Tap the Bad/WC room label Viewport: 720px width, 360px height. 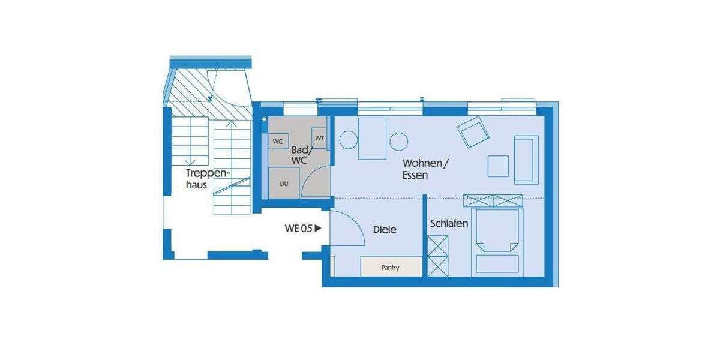[299, 155]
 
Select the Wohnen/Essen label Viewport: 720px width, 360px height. [425, 169]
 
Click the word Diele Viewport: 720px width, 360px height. [385, 229]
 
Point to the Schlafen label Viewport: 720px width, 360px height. [449, 223]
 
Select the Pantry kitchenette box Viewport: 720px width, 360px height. [391, 267]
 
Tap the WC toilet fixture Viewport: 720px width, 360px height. [278, 142]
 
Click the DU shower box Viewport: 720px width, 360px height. [283, 184]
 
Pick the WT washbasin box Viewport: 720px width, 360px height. [319, 139]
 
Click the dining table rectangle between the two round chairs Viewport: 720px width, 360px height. [372, 139]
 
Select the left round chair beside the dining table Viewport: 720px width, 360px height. [349, 140]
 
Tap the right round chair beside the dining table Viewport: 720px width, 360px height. [398, 142]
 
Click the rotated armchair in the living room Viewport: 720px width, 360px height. [473, 131]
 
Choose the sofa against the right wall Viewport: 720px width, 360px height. [526, 159]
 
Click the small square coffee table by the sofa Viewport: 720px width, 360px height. [498, 166]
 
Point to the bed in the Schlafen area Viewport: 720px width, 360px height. [496, 240]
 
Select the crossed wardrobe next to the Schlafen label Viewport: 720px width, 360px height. [437, 256]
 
